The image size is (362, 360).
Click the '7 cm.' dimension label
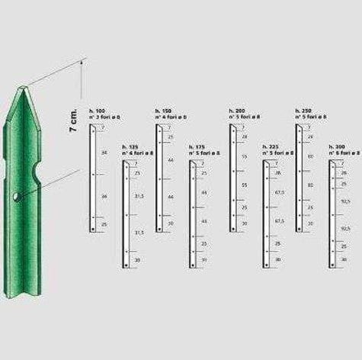[72, 117]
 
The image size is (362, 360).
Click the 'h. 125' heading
[130, 146]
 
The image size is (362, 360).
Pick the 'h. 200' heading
[237, 111]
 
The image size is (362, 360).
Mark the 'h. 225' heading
[270, 146]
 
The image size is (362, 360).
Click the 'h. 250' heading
[303, 111]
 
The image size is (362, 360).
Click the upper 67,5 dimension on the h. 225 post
[279, 194]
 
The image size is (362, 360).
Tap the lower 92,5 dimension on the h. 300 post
[345, 228]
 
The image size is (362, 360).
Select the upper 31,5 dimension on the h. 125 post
[139, 196]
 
